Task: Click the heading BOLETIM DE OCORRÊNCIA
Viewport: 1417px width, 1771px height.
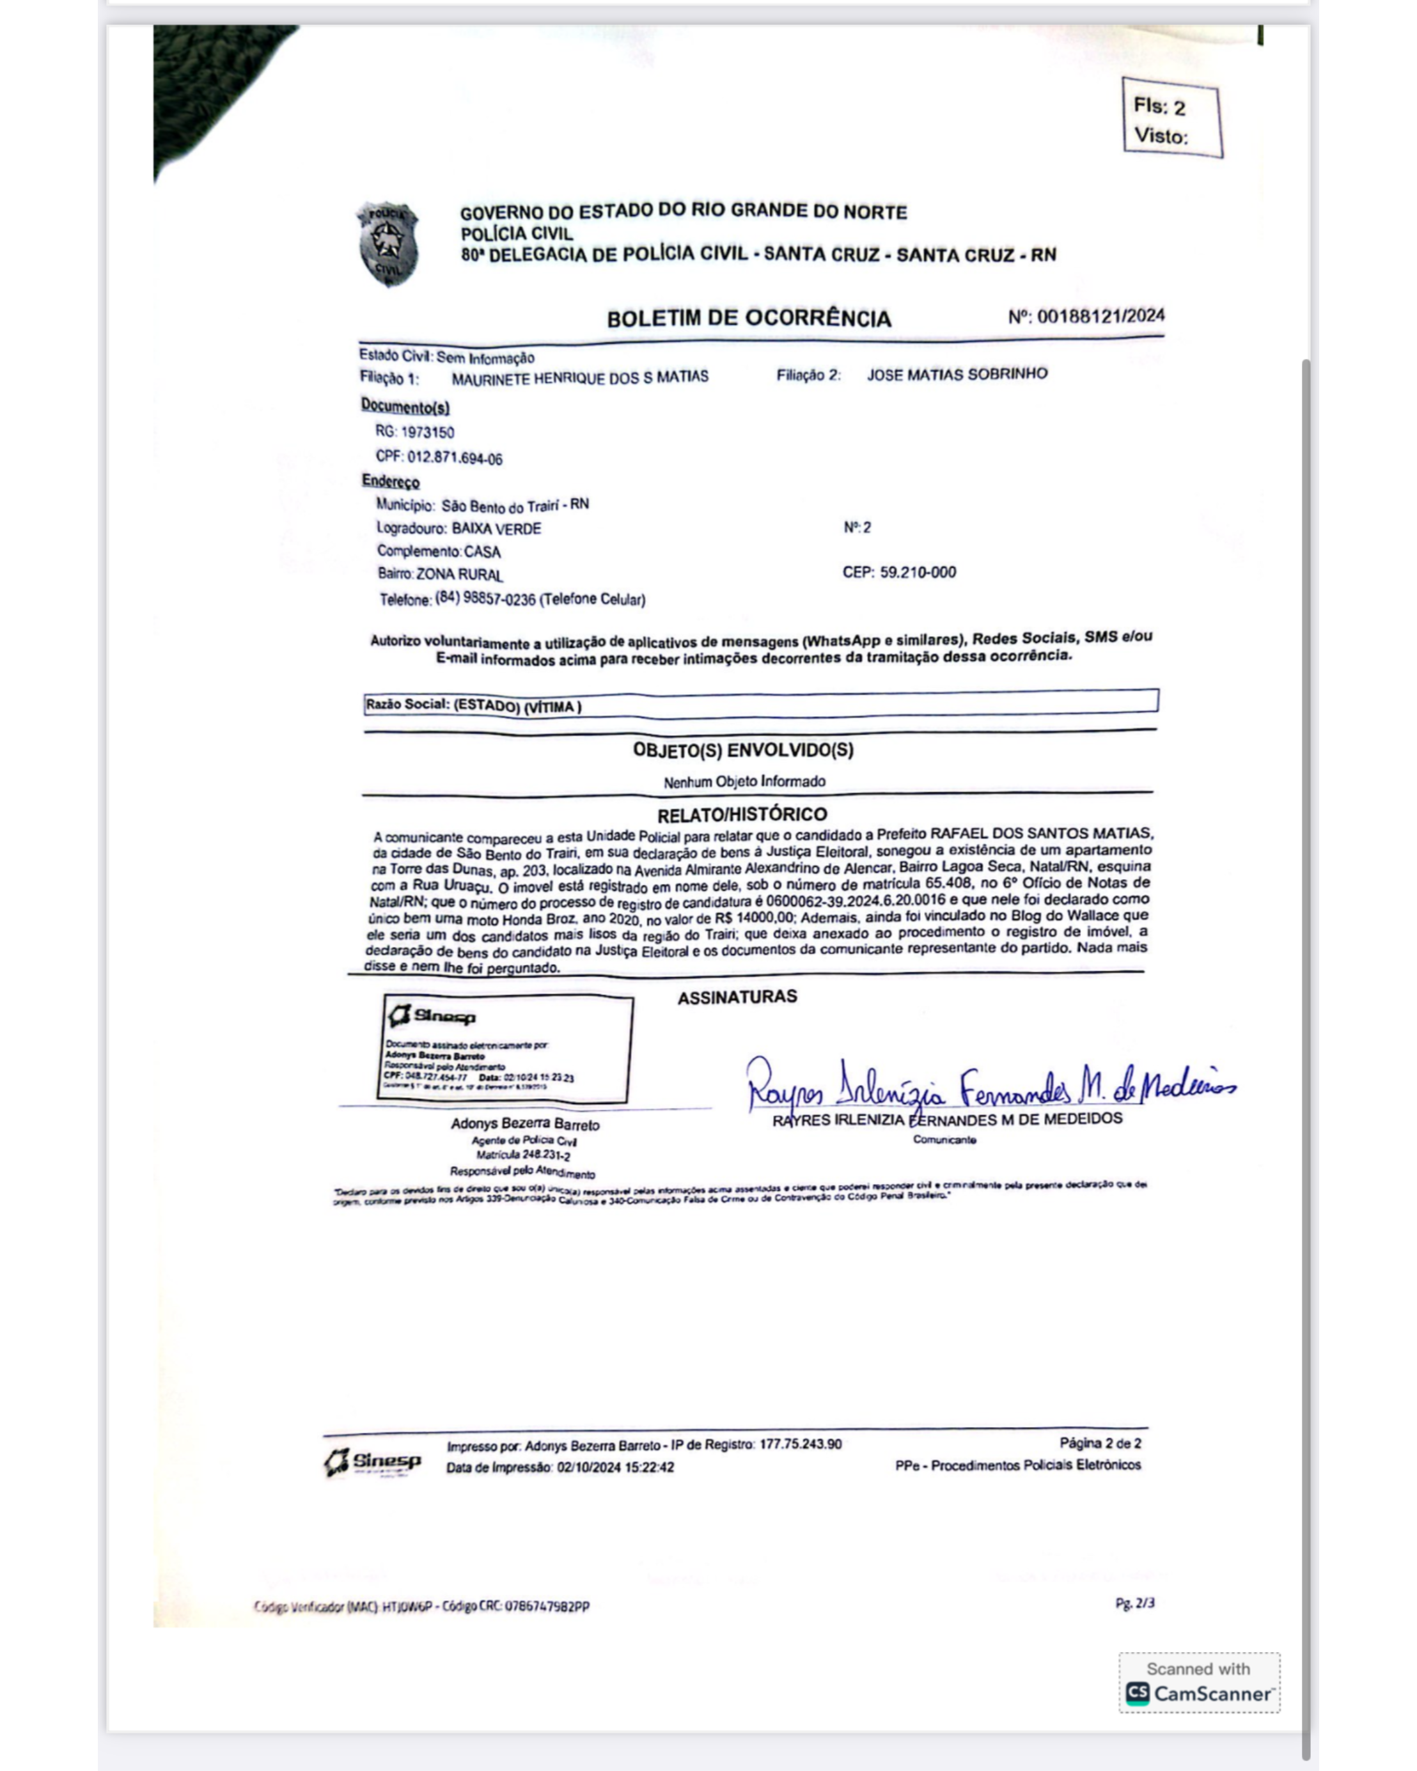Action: point(748,318)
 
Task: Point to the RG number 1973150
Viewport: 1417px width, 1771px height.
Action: point(427,432)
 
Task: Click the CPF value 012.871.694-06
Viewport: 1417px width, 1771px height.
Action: point(454,458)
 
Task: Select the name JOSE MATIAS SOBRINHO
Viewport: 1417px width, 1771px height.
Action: point(957,375)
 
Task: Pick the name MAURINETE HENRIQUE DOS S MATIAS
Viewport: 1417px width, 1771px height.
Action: point(579,378)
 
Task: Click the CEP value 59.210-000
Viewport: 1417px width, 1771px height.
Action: point(918,572)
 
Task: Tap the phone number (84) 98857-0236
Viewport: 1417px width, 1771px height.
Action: point(485,599)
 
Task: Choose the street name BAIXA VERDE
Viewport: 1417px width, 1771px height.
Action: point(496,528)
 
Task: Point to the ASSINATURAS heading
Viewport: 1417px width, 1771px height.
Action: point(737,996)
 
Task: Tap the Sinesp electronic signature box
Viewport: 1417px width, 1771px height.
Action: point(506,1048)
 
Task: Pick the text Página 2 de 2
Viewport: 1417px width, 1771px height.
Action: point(1099,1443)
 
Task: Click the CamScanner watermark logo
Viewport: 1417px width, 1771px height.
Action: point(1198,1692)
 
